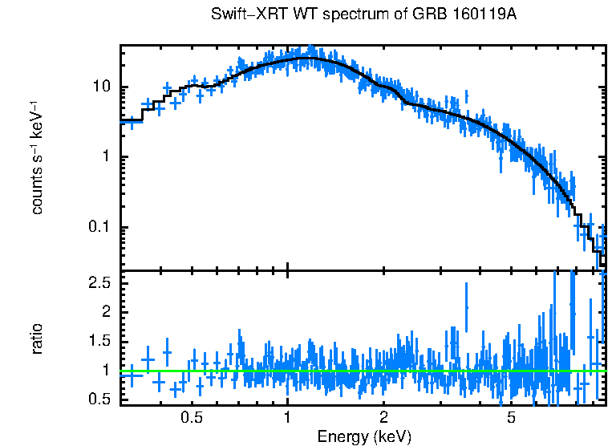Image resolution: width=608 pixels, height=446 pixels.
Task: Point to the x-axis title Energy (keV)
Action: point(364,436)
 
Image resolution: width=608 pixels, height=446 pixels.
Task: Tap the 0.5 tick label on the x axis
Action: point(191,418)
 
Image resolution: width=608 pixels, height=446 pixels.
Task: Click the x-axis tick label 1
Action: point(287,418)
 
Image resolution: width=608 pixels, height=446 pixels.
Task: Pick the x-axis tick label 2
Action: point(384,418)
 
